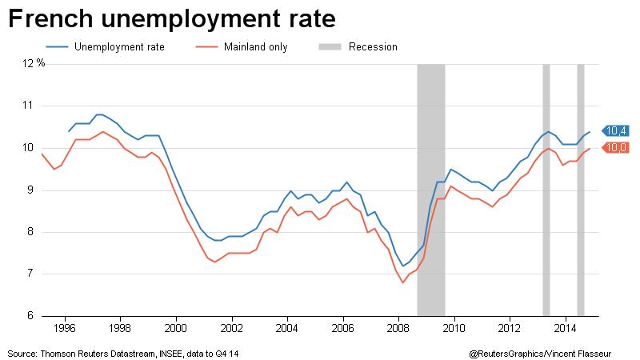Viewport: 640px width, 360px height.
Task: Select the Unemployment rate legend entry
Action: (x=118, y=47)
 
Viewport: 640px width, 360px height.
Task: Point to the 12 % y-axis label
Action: (x=34, y=63)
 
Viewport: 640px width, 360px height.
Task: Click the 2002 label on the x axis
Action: (x=231, y=328)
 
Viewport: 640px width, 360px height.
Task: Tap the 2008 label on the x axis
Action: (x=398, y=328)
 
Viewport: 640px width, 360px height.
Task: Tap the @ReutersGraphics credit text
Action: (x=512, y=353)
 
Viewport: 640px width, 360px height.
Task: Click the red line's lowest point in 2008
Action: (x=402, y=282)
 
